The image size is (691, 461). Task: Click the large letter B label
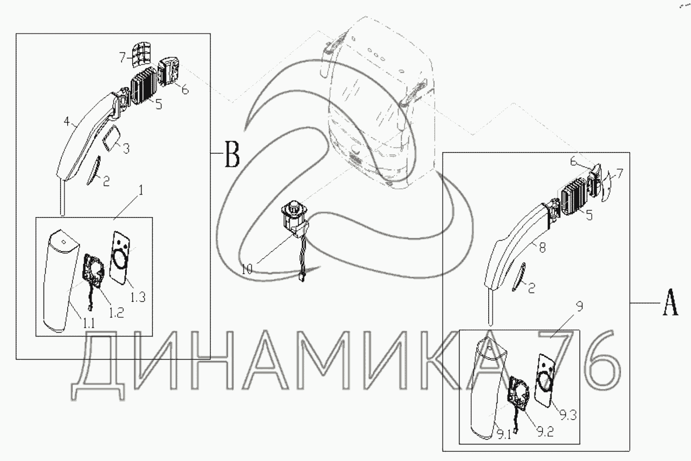232,154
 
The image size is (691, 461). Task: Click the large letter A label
671,302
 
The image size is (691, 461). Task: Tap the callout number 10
247,269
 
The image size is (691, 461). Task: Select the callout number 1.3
138,297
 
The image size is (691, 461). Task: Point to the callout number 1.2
116,312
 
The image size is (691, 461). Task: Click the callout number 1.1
89,323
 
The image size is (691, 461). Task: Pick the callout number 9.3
568,416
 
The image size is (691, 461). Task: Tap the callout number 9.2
545,432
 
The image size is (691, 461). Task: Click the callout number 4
67,122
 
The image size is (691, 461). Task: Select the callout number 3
126,149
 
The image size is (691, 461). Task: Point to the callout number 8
542,247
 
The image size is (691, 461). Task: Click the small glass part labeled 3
111,139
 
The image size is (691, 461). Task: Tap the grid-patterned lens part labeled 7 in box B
140,55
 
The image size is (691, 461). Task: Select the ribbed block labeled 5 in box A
575,197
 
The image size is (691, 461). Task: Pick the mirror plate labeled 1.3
120,257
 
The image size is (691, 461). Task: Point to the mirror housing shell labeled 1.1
61,280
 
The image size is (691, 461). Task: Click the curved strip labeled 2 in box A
519,276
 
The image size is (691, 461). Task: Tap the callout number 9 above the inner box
579,307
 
